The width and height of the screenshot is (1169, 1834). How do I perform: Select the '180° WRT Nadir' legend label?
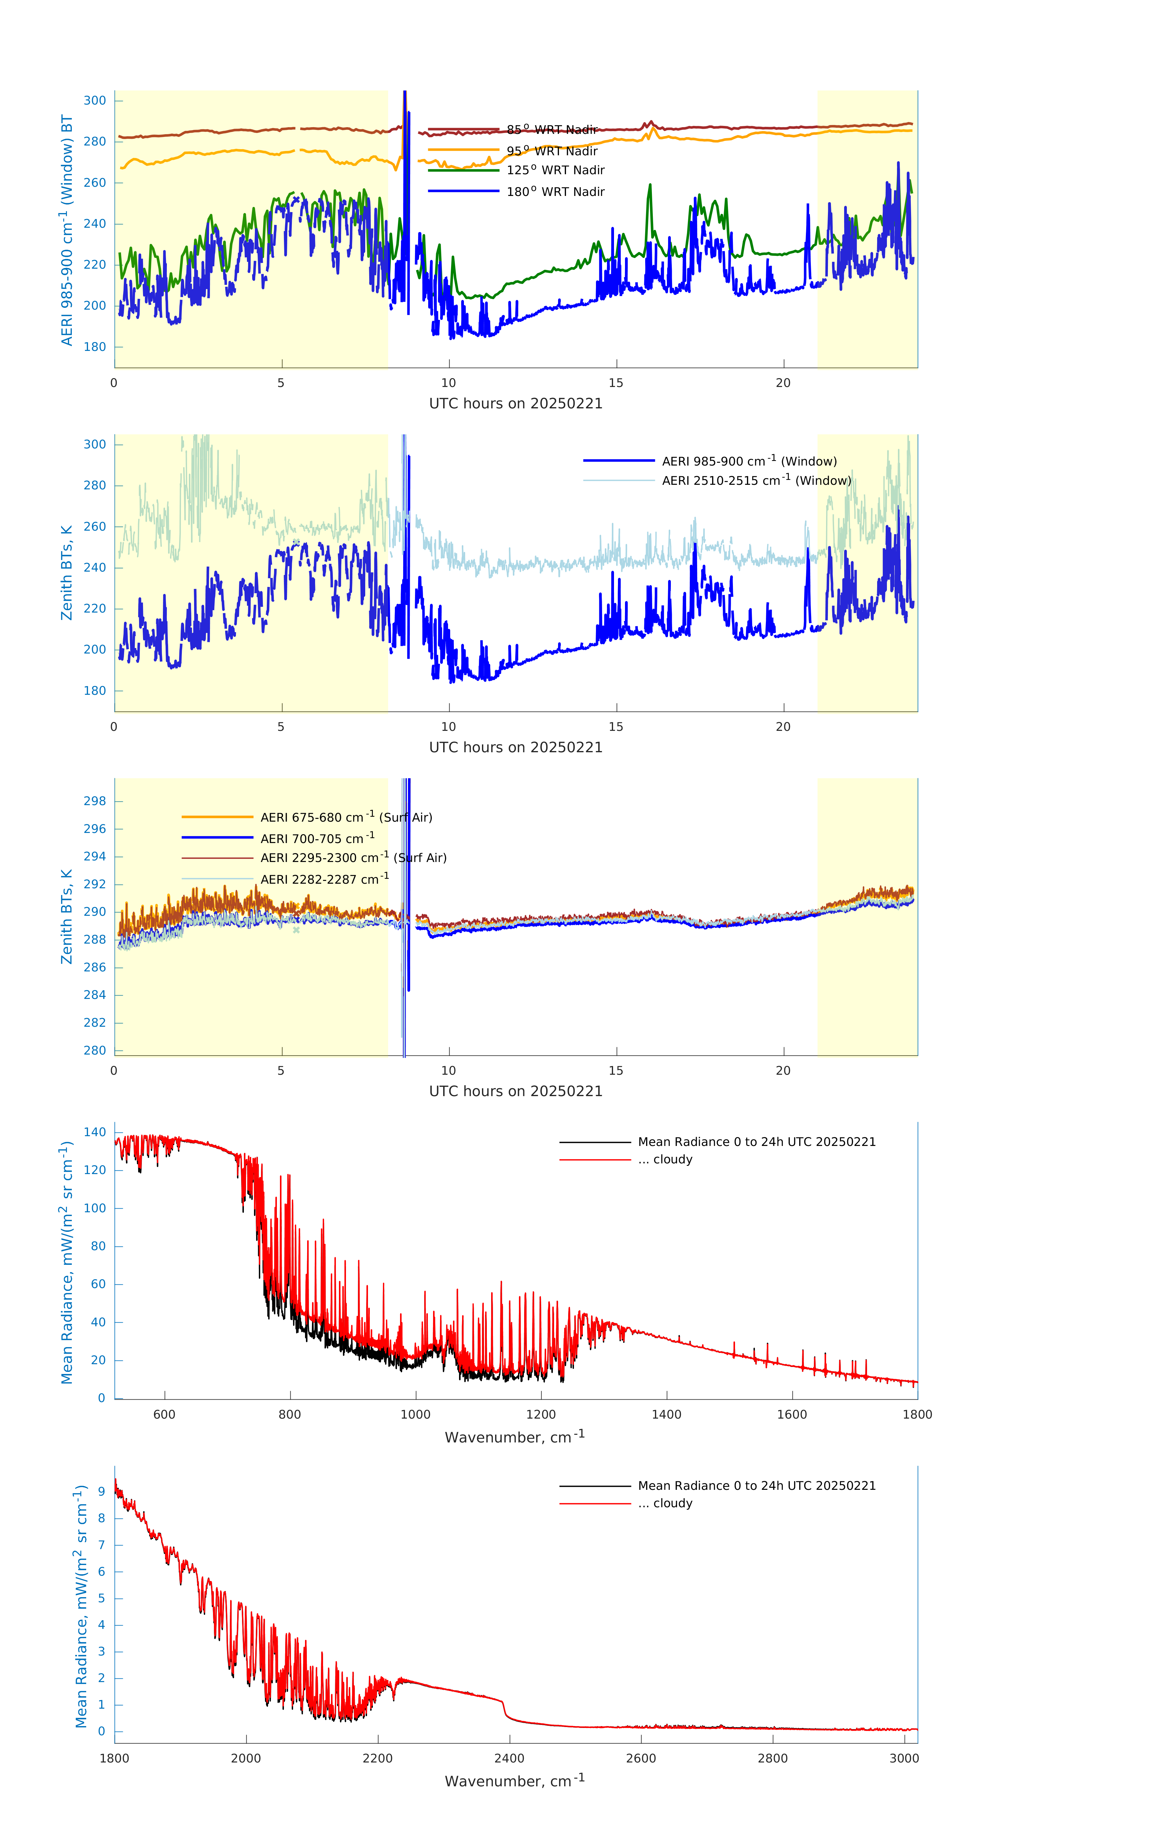555,192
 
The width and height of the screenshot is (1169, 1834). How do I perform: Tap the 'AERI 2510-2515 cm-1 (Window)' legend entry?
756,481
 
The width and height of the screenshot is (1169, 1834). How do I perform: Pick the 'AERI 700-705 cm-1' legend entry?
317,838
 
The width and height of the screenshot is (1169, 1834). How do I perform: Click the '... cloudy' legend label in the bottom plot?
665,1504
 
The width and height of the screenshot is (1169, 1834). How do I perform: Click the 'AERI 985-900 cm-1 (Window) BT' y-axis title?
67,230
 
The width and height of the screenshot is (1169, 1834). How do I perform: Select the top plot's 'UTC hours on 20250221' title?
516,404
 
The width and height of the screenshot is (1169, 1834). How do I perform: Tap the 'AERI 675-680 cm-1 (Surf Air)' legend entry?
346,817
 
